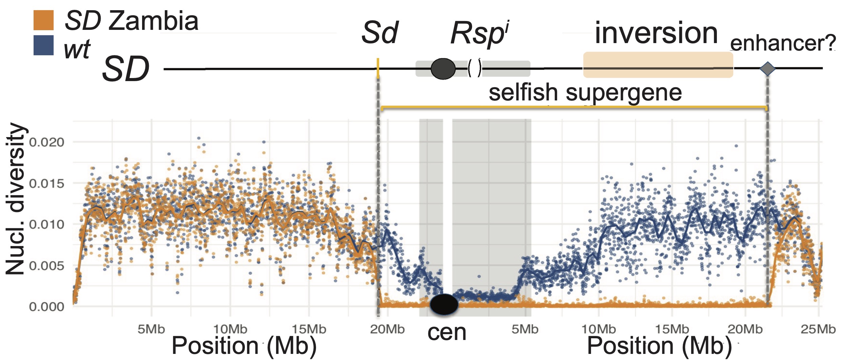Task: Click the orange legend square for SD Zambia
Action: point(43,20)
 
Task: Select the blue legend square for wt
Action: point(43,45)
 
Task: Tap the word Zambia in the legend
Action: point(153,21)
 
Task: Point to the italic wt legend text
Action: point(77,50)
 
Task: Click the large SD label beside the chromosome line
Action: point(126,69)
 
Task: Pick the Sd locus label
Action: point(380,33)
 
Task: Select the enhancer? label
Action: point(783,43)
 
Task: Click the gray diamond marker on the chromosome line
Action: point(767,69)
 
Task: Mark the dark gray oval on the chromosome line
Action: point(443,69)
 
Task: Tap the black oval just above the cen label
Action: point(444,304)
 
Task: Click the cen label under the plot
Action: point(447,333)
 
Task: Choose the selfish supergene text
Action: point(585,92)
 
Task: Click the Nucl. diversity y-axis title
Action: point(15,198)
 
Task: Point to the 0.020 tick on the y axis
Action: point(46,142)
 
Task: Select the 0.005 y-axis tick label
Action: point(46,266)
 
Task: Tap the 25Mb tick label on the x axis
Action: point(818,329)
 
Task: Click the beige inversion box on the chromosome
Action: point(658,65)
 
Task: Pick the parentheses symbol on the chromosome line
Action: point(475,68)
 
